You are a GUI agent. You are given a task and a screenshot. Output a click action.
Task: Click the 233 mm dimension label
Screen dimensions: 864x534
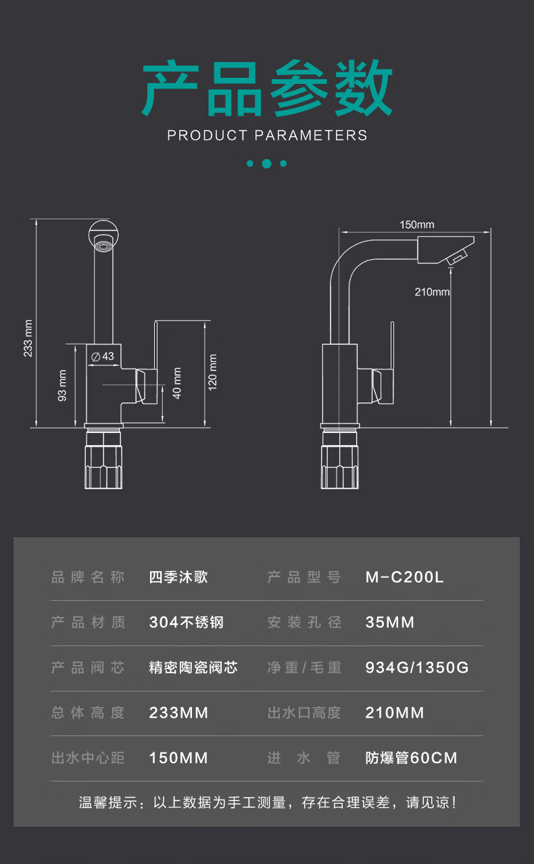(28, 338)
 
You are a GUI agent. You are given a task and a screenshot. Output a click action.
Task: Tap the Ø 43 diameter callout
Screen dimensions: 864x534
(103, 356)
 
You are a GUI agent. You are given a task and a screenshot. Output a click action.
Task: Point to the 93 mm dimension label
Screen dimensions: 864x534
(63, 385)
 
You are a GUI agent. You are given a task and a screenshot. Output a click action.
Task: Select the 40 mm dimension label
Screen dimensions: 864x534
(177, 383)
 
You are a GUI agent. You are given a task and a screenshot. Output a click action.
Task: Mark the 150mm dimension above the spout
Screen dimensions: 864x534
(416, 225)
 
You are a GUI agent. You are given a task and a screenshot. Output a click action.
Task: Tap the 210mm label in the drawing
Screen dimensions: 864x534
(433, 292)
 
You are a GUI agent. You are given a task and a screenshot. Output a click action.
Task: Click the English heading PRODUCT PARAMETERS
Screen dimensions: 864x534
(267, 135)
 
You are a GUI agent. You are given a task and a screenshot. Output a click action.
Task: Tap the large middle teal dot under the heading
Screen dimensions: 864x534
(266, 163)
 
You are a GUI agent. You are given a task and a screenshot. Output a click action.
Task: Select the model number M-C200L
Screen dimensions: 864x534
(404, 577)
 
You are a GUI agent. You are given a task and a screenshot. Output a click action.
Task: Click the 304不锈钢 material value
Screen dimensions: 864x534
(186, 622)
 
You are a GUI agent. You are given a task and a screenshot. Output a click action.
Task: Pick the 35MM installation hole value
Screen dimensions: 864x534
(389, 622)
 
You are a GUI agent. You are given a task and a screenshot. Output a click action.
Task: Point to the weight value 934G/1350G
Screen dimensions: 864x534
(416, 668)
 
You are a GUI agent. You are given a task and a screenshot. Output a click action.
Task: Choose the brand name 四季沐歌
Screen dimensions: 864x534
(178, 577)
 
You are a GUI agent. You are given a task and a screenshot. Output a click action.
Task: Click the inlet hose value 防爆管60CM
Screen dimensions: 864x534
(411, 758)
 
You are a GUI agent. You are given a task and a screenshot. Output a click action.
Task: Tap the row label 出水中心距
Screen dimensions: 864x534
(88, 758)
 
